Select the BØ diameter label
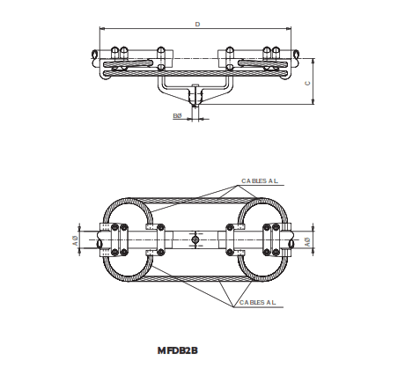point(177,115)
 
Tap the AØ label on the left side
point(76,239)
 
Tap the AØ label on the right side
point(306,239)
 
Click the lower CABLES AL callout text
point(258,302)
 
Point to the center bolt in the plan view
point(195,239)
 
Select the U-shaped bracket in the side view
point(195,86)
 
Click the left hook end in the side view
point(94,57)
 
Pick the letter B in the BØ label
point(174,115)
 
